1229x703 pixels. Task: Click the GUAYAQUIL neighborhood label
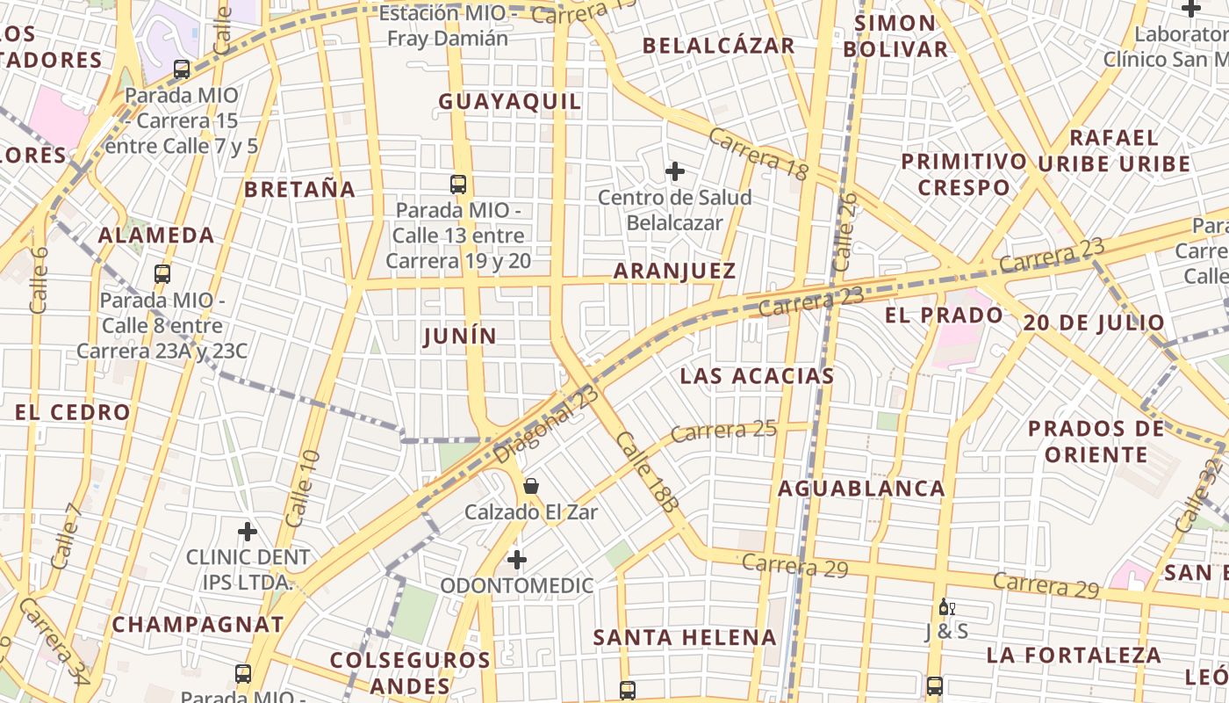click(x=510, y=102)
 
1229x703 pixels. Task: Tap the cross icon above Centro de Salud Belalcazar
click(x=674, y=170)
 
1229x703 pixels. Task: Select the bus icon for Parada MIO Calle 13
click(x=457, y=185)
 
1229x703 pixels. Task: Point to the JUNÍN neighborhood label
click(x=459, y=337)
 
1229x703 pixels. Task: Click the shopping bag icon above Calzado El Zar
click(x=531, y=486)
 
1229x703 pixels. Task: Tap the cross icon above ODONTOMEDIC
click(x=517, y=559)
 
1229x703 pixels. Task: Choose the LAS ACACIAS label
click(x=757, y=377)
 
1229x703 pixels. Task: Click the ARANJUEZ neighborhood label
click(x=674, y=272)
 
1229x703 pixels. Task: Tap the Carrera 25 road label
click(x=724, y=431)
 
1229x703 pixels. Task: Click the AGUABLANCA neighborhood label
click(x=861, y=489)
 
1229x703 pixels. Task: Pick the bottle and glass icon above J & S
click(x=946, y=607)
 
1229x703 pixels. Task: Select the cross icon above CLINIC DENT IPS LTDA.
click(x=248, y=531)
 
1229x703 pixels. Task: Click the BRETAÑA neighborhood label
click(x=300, y=190)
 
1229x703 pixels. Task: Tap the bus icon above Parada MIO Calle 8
click(x=162, y=274)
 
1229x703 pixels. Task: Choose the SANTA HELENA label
click(x=685, y=638)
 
